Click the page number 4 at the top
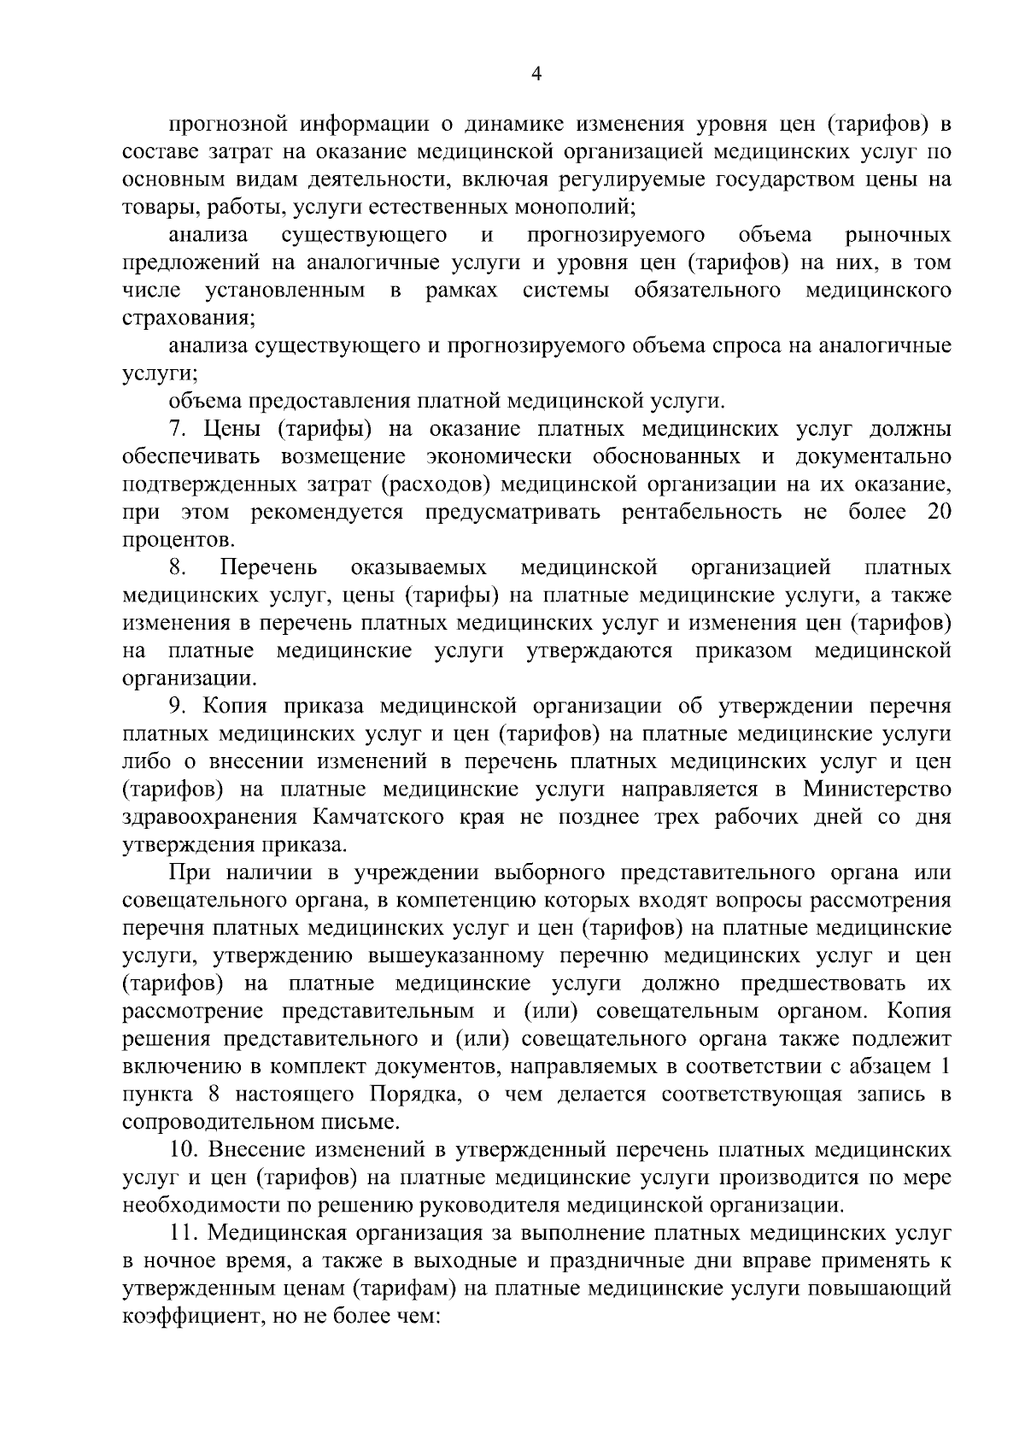[536, 74]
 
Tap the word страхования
[187, 318]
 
